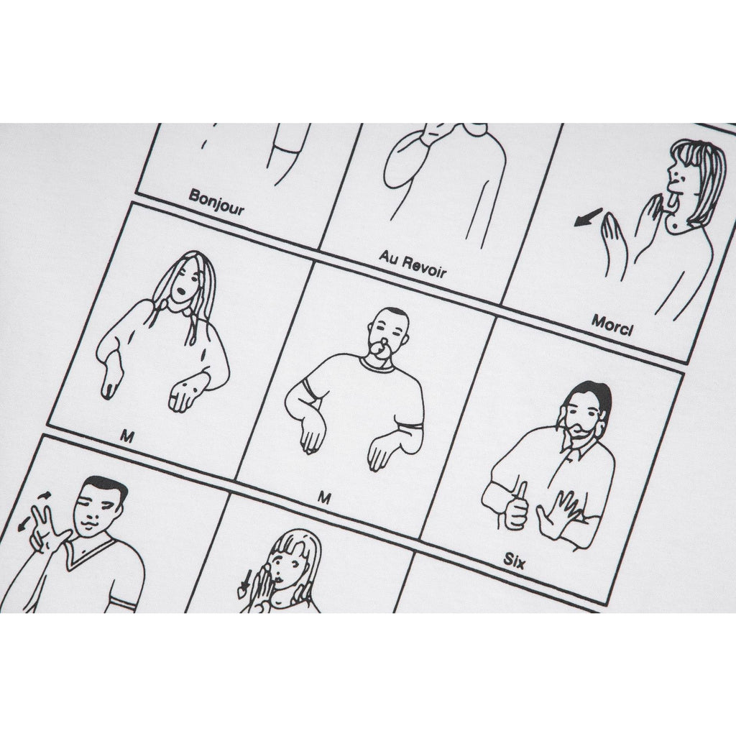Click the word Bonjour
pyautogui.click(x=216, y=202)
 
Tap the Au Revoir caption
pyautogui.click(x=413, y=264)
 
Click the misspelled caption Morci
pyautogui.click(x=612, y=326)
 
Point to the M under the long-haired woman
pyautogui.click(x=126, y=437)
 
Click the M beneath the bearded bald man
pyautogui.click(x=324, y=497)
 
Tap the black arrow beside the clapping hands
pyautogui.click(x=588, y=217)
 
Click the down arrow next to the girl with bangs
pyautogui.click(x=246, y=581)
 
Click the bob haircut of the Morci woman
pyautogui.click(x=699, y=179)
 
